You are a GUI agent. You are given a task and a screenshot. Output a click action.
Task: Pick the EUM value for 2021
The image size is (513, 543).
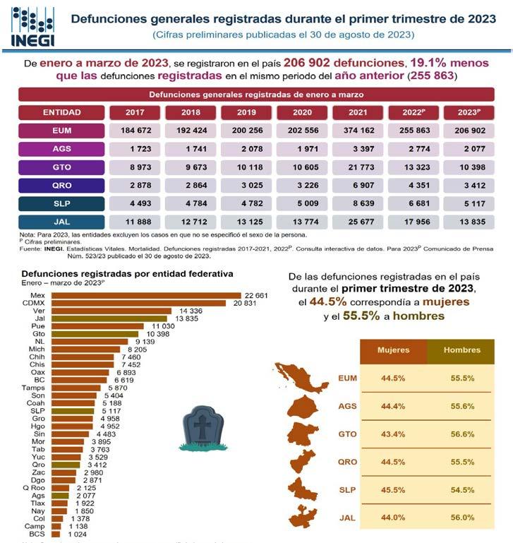click(x=358, y=131)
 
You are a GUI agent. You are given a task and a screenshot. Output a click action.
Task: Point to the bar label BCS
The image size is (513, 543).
click(x=37, y=534)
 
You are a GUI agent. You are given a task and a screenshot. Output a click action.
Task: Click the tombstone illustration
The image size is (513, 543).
click(x=202, y=428)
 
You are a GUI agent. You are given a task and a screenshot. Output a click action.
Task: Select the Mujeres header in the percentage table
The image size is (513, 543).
click(x=392, y=350)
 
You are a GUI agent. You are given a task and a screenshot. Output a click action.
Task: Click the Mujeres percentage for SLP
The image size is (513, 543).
click(x=392, y=489)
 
